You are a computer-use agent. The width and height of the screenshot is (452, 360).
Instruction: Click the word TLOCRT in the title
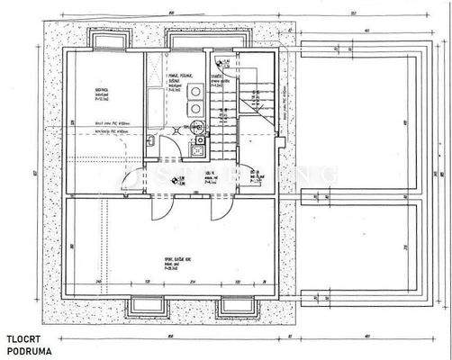[x=23, y=338]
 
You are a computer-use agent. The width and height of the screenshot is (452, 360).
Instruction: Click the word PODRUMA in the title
[x=26, y=350]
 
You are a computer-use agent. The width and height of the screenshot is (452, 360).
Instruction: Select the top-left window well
[x=108, y=39]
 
